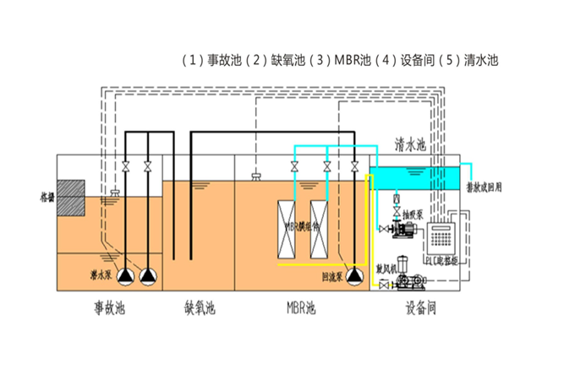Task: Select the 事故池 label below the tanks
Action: click(x=109, y=308)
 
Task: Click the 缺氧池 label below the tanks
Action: click(x=199, y=308)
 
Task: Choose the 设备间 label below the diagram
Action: click(x=419, y=308)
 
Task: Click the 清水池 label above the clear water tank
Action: click(x=411, y=146)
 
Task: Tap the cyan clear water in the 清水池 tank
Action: click(x=414, y=177)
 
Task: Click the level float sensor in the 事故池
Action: click(x=112, y=195)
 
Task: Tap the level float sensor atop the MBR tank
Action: click(x=255, y=175)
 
